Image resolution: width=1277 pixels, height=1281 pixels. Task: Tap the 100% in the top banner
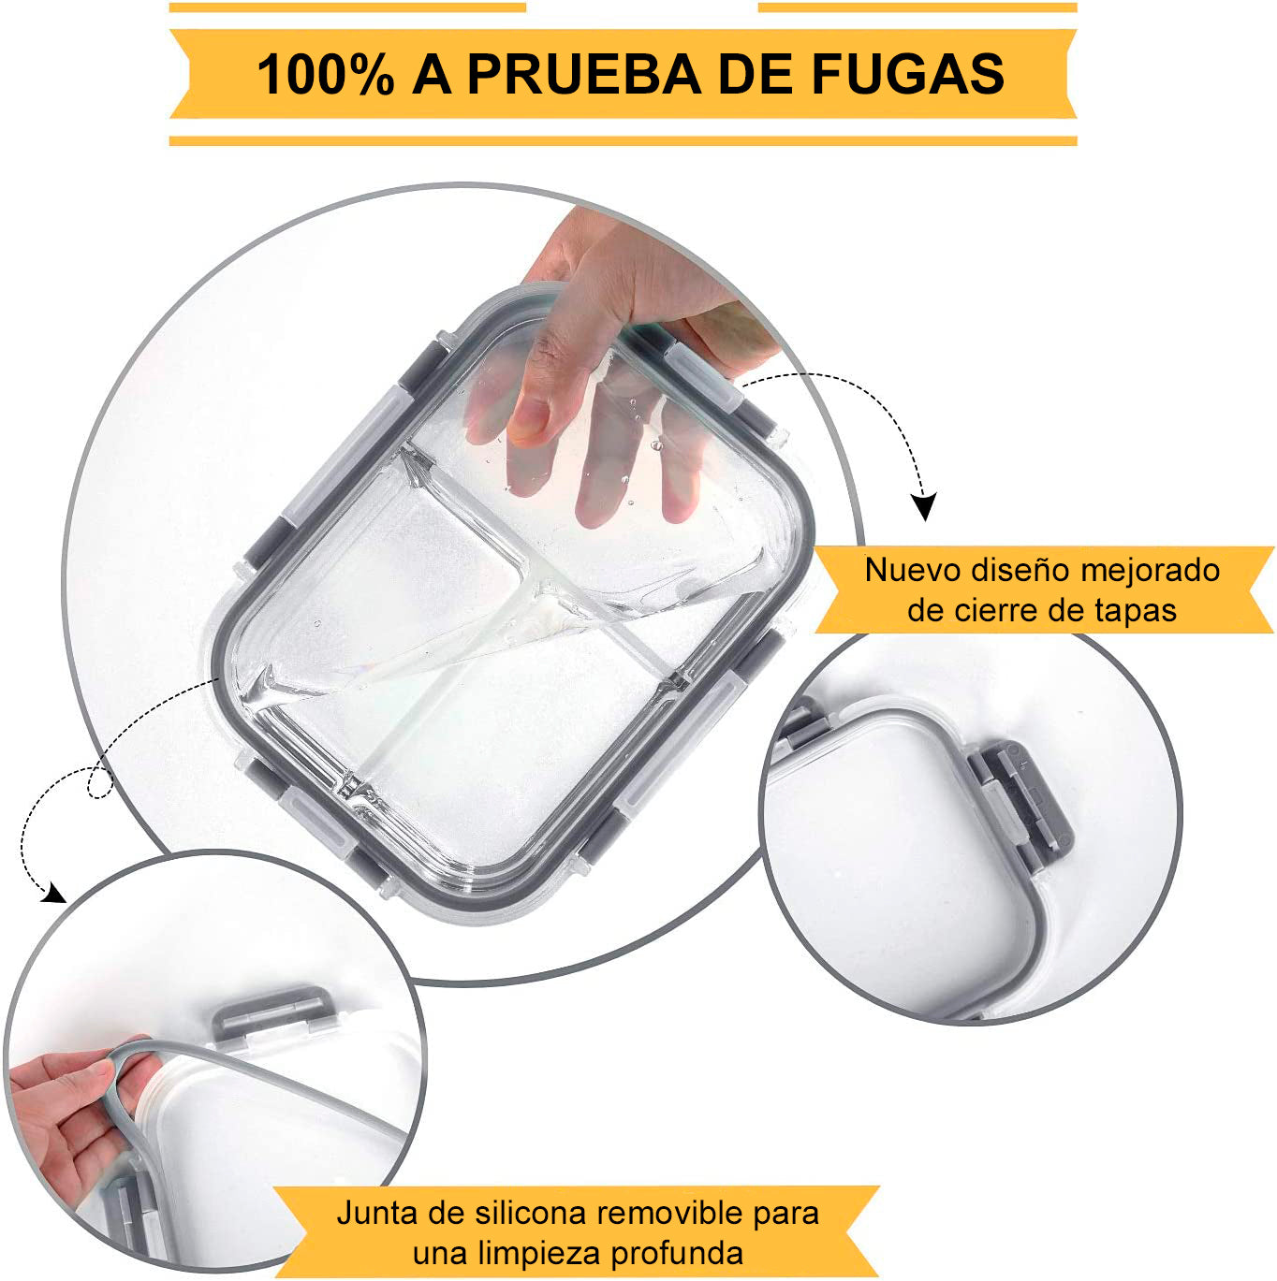(x=326, y=74)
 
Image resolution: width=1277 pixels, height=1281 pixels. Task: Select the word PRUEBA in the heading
(x=584, y=74)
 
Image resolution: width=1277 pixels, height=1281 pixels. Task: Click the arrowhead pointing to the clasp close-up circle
(x=925, y=505)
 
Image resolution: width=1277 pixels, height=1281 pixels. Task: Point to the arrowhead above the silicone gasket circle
(x=53, y=892)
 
